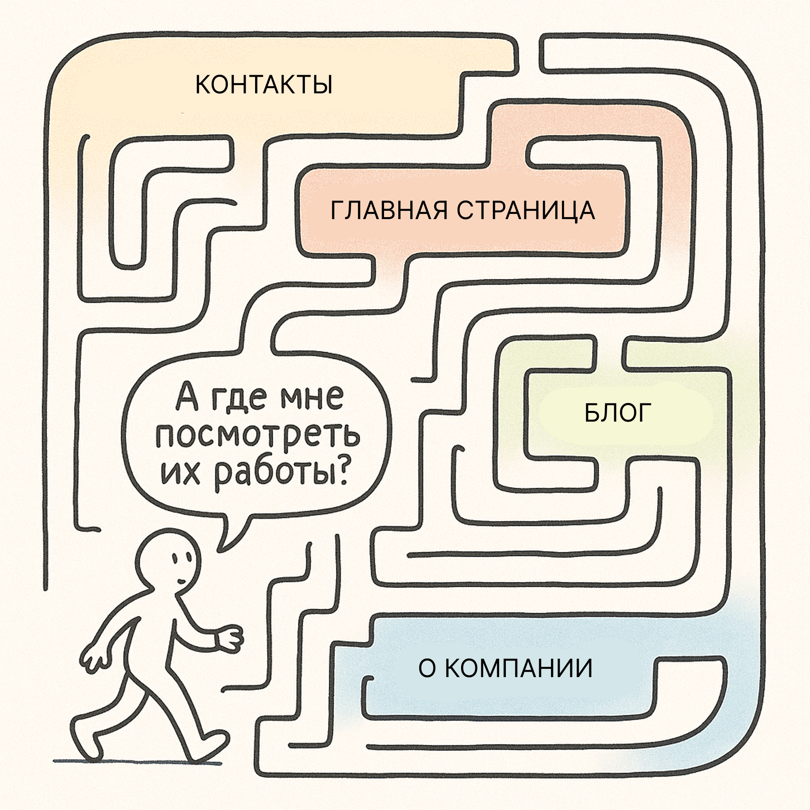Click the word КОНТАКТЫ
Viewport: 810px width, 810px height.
264,85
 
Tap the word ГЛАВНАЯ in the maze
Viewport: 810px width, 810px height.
389,210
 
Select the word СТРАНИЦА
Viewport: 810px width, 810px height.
526,210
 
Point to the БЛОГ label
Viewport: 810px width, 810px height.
617,413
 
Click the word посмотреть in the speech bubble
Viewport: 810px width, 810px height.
258,436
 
